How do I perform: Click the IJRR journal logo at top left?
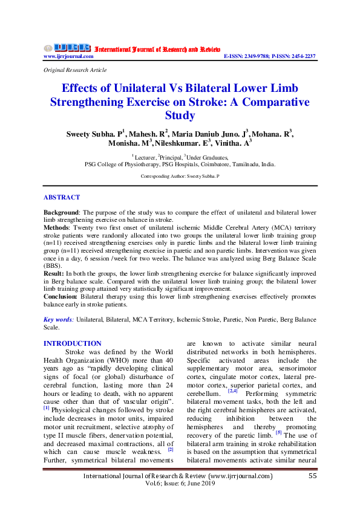point(67,48)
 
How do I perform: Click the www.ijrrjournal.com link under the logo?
point(68,56)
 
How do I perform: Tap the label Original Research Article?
point(71,71)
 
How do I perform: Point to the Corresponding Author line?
point(180,176)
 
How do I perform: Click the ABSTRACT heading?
point(61,198)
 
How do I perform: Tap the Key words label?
point(59,319)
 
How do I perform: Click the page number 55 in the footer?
point(312,476)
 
